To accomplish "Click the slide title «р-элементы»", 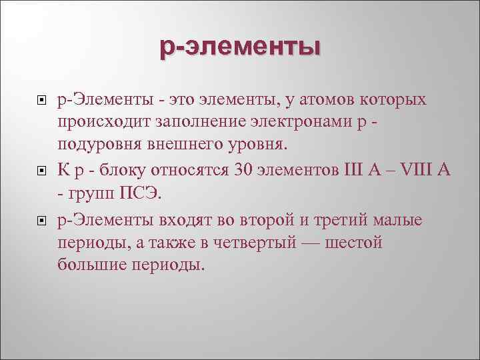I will click(240, 49).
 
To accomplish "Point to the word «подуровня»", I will click(100, 145).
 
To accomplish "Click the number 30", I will click(243, 170).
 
